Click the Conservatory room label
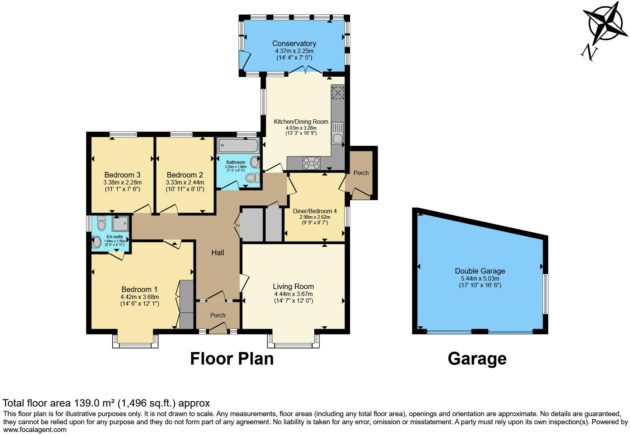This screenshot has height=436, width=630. [294, 43]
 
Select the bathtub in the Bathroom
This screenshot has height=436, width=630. [238, 145]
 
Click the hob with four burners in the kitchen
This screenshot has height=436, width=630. [311, 162]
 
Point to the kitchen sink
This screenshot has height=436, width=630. [337, 133]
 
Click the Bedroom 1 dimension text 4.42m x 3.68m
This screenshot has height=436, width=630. [139, 297]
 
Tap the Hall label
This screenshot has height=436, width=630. [217, 253]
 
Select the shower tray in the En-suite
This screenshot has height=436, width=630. [120, 223]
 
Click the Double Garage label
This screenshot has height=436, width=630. [480, 271]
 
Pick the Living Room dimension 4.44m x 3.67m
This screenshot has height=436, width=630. [293, 294]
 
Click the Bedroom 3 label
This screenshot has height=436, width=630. [122, 175]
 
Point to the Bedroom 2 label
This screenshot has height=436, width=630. [185, 175]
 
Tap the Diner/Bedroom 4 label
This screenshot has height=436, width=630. [315, 211]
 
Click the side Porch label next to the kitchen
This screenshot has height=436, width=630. [361, 173]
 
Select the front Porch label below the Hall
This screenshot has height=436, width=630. [217, 315]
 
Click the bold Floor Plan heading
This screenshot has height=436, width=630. [231, 358]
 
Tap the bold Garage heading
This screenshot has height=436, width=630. [477, 358]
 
